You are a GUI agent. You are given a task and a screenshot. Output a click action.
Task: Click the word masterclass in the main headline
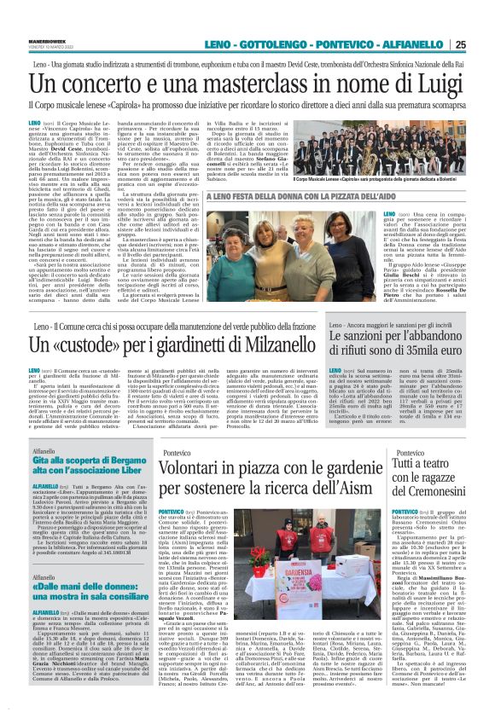tap(276, 84)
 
